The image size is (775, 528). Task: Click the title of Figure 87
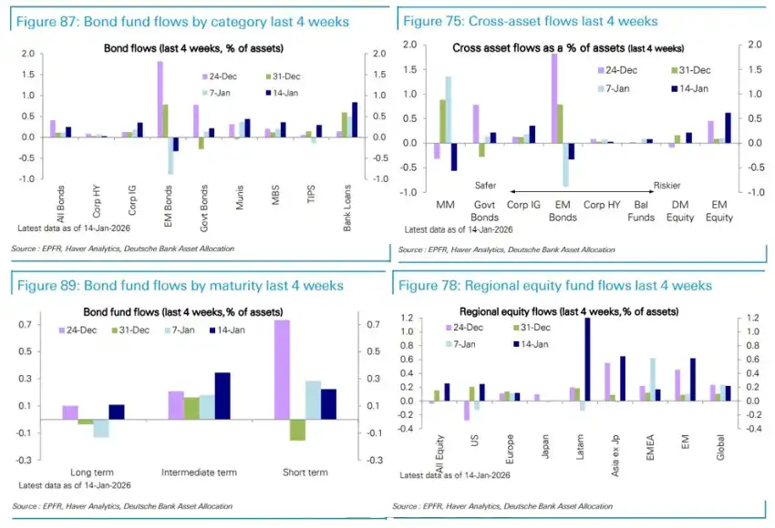click(182, 21)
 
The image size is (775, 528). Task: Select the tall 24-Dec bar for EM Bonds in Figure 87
click(160, 99)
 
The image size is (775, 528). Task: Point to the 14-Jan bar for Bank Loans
click(355, 120)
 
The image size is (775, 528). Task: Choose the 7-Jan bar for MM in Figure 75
click(449, 109)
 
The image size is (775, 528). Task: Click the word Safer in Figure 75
click(485, 186)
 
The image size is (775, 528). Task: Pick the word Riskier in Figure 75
click(666, 186)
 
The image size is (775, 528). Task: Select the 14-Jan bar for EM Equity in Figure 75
click(728, 127)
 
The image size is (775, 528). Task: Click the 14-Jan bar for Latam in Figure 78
click(586, 359)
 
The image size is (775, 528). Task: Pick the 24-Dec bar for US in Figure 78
click(466, 411)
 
